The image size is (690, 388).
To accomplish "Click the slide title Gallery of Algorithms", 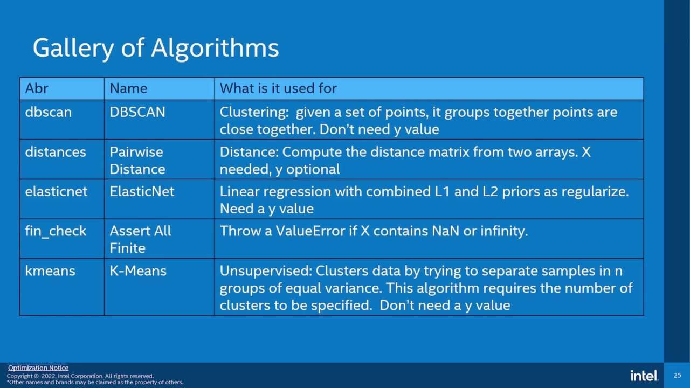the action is pyautogui.click(x=156, y=48).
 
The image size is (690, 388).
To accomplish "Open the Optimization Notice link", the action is pyautogui.click(x=38, y=368).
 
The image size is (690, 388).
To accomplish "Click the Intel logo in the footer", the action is pyautogui.click(x=644, y=376).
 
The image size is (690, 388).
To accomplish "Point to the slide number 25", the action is pyautogui.click(x=678, y=376).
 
